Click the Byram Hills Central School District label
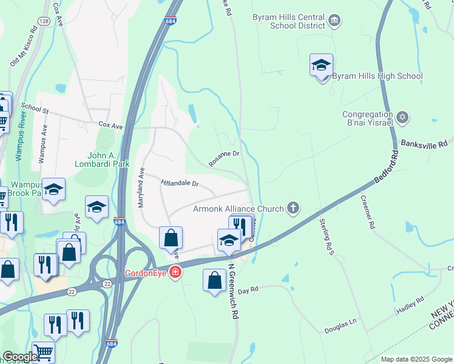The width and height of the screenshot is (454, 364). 288,22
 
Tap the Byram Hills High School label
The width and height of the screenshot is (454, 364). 378,76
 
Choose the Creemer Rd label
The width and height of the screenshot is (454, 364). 368,212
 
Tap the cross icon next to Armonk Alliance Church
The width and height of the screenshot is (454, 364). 293,209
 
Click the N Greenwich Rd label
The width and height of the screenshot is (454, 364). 232,291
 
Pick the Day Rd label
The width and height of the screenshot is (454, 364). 248,290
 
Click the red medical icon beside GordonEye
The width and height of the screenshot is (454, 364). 175,272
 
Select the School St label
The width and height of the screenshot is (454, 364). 35,107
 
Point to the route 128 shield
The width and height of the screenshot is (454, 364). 43,21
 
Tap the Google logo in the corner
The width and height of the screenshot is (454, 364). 19,357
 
